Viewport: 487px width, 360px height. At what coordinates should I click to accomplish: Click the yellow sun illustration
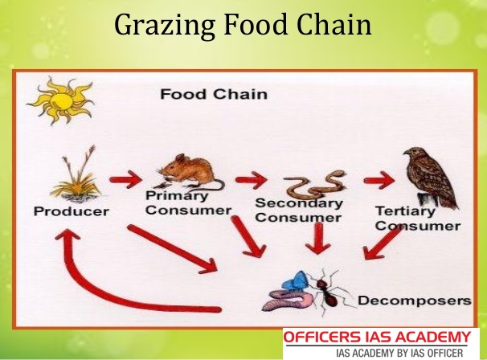coord(61,100)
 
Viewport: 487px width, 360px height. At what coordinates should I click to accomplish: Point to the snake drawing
coord(315,185)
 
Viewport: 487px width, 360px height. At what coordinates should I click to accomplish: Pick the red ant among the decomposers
coord(329,291)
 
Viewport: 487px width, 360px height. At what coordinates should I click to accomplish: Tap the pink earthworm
coord(287,300)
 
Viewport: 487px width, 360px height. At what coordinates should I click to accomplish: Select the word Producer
coord(72,211)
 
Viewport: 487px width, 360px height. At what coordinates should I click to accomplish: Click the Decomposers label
coord(415,301)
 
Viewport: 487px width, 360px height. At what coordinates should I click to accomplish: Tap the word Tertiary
coord(405,211)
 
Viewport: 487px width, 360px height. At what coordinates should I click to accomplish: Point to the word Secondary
coord(299,203)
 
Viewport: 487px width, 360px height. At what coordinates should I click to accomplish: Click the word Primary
coord(177,196)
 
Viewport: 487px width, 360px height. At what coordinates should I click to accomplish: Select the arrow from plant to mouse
coord(126,179)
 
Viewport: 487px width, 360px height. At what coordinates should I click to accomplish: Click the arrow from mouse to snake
coord(251,179)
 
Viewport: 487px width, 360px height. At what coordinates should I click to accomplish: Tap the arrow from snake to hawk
coord(379,180)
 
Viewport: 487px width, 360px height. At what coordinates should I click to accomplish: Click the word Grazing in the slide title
coord(165,26)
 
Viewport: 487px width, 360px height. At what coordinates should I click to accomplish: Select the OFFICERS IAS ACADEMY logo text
coord(377,337)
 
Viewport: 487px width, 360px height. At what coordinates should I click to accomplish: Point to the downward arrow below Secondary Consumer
coord(318,238)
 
